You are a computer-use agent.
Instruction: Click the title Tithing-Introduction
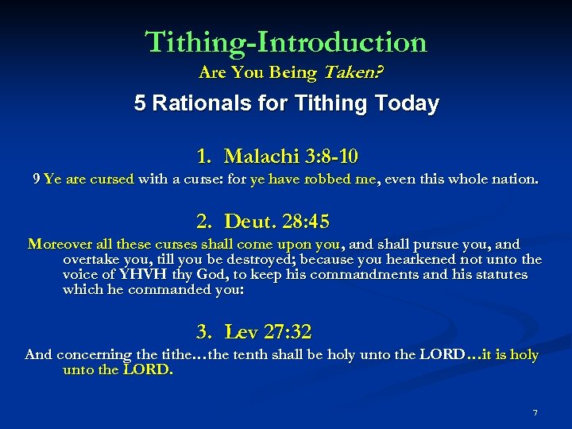tap(286, 41)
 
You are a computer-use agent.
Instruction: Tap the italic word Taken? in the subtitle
tap(350, 73)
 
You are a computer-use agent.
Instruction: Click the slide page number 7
tap(535, 412)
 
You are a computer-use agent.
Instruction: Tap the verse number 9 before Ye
tap(37, 180)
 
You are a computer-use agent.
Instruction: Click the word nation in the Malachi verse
tap(512, 180)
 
